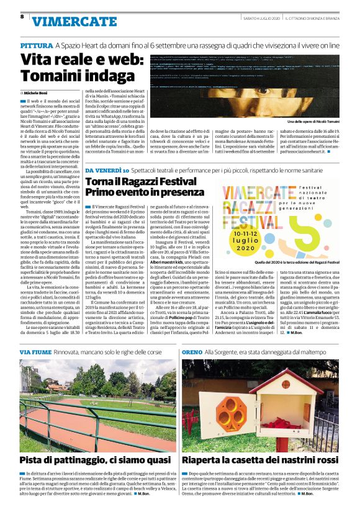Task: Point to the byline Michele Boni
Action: [x=39, y=92]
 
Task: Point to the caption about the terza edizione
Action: [x=301, y=263]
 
